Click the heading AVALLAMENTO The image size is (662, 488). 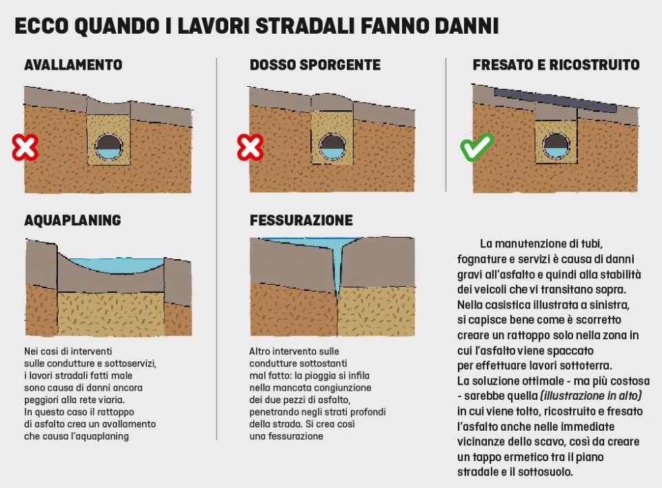73,65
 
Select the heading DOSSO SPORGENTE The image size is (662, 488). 314,65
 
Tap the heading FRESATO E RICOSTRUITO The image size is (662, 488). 556,65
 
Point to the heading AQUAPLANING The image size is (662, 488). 72,220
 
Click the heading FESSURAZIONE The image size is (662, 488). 301,220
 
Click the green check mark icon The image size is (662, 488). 477,148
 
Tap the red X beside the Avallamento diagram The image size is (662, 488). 25,148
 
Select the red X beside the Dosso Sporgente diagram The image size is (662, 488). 250,148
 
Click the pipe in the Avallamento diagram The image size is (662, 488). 108,147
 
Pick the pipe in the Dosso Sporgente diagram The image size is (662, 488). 332,147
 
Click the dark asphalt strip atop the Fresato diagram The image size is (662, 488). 555,100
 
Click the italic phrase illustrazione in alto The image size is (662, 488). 592,396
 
